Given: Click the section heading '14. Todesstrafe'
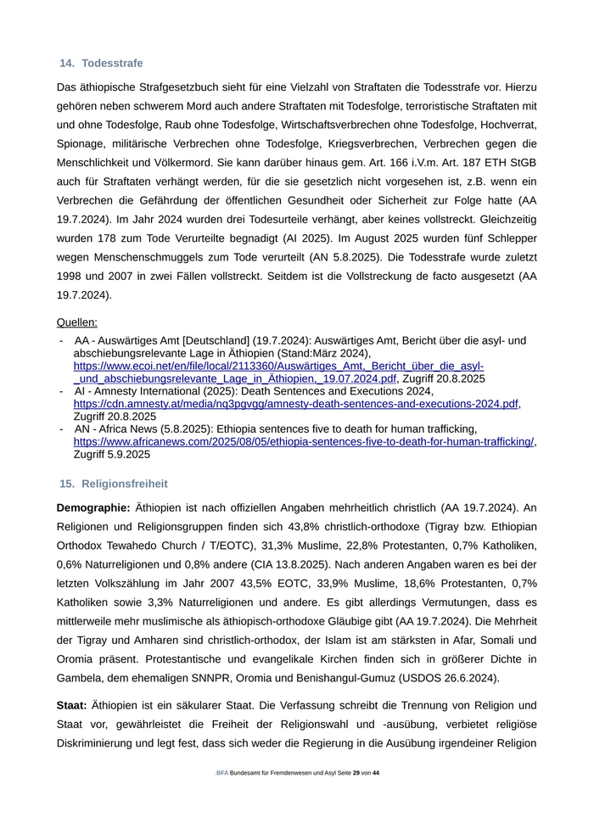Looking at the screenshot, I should [x=101, y=64].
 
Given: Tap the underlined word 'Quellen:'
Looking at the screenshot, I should [x=77, y=322].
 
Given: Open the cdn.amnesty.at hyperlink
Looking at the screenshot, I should [x=295, y=404].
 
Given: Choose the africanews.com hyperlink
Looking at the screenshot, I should [x=304, y=441].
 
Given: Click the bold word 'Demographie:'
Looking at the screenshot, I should [x=93, y=507].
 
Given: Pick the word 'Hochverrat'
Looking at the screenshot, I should [x=507, y=125].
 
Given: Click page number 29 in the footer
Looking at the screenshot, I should [x=356, y=774].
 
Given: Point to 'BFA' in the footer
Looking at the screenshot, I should [x=222, y=774].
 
